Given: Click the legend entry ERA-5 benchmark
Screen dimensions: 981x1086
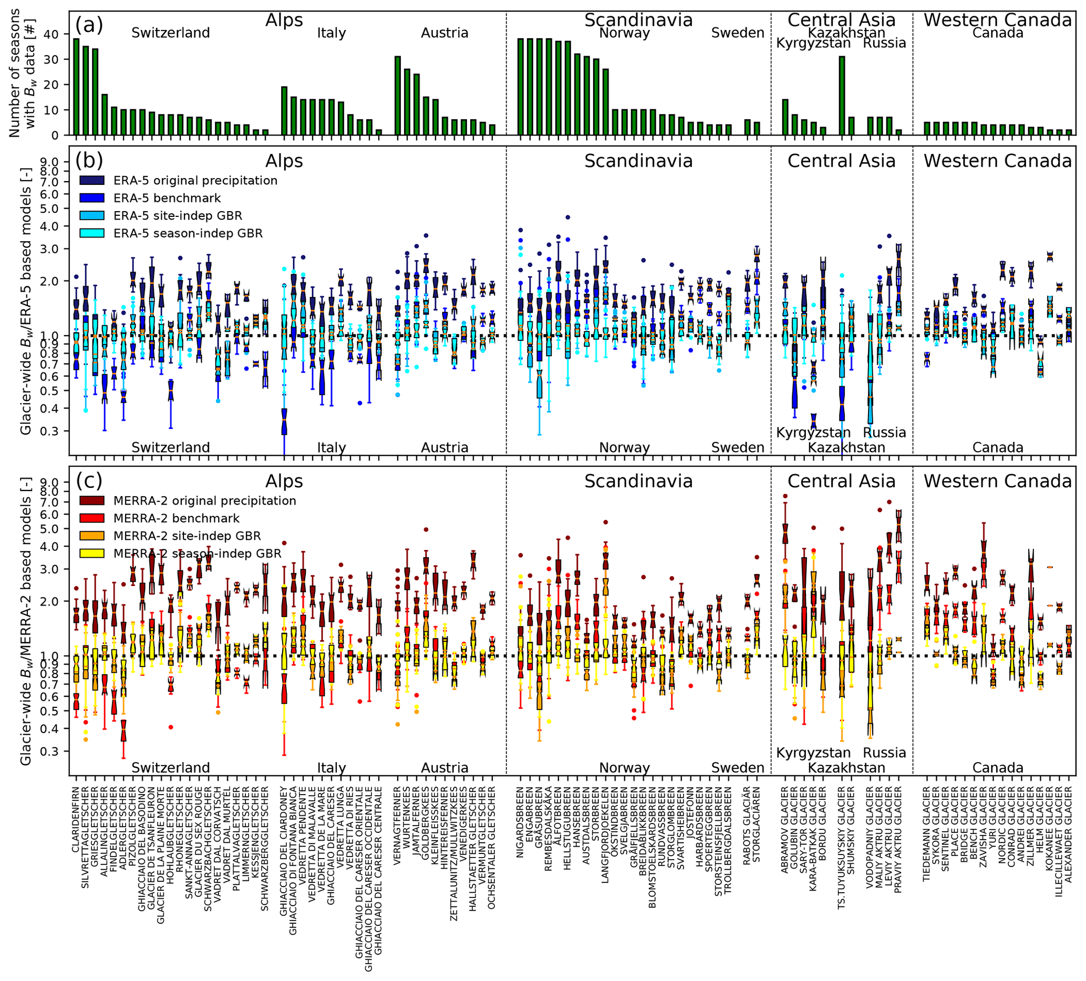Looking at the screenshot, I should pos(167,198).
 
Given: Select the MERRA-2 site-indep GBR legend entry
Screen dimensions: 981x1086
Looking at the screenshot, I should pos(187,536).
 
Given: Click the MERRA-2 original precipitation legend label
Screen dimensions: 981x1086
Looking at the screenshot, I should pos(205,500).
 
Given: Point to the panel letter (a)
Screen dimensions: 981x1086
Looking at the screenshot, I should pos(89,25).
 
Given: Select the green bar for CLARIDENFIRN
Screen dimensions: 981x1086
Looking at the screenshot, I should pos(77,87).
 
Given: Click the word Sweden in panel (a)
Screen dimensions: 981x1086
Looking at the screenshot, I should pos(738,33).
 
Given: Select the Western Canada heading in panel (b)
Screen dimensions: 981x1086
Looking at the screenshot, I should pos(998,161).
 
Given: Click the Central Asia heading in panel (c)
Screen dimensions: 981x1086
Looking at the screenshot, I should pos(842,481).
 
